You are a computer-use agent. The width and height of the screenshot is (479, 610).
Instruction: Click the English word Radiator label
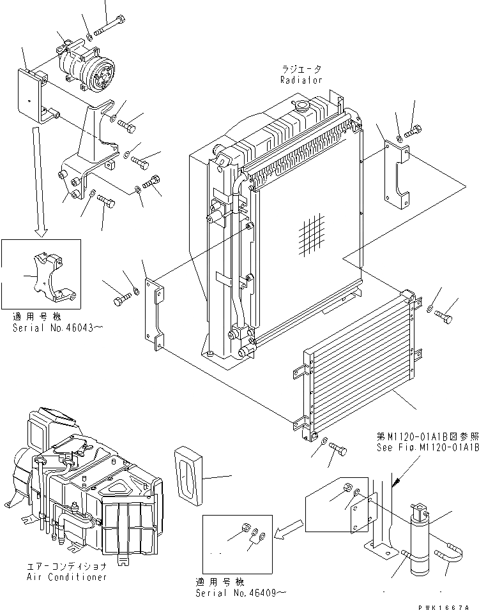(301, 80)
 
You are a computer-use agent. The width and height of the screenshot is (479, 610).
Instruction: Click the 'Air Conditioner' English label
(67, 577)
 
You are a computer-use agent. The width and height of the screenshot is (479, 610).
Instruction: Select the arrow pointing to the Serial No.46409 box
(289, 528)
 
